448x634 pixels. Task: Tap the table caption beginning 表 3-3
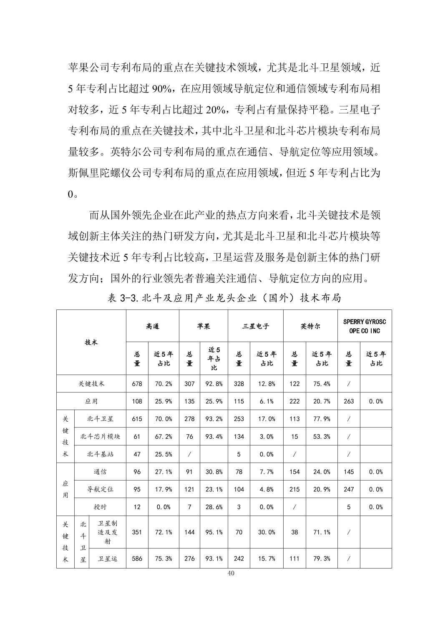coord(224,298)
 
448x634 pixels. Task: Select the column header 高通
coord(152,326)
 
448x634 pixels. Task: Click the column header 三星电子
coord(256,326)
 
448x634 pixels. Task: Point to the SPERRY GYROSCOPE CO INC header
coord(364,326)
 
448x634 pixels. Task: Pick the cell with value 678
coord(137,384)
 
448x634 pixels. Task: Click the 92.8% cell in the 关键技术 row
coord(214,384)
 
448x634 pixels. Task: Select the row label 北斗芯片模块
coord(100,436)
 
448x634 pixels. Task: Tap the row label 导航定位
coord(100,489)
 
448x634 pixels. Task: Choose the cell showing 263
coord(349,401)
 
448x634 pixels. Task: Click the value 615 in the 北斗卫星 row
coord(137,419)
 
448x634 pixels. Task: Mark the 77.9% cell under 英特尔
coord(322,419)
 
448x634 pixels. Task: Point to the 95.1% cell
coord(214,532)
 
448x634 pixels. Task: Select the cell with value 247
coord(349,489)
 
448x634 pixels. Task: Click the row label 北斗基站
coord(100,454)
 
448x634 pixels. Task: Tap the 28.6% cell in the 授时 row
coord(214,507)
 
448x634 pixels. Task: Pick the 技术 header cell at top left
coord(91,342)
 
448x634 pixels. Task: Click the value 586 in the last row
coord(137,559)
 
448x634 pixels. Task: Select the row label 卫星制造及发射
coord(107,532)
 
